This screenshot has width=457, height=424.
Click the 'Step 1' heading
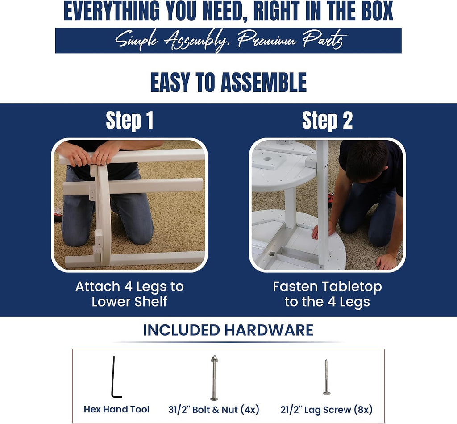tap(129, 121)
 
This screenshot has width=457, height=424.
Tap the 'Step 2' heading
tap(327, 121)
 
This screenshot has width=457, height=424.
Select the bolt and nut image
tap(214, 378)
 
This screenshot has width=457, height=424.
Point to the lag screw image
tap(326, 377)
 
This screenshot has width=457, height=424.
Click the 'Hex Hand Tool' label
tap(116, 409)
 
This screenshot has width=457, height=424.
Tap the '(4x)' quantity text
tap(250, 410)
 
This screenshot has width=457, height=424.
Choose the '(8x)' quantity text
tap(363, 410)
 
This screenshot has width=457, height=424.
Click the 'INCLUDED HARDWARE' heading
tap(228, 330)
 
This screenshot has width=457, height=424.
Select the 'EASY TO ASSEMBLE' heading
tap(228, 83)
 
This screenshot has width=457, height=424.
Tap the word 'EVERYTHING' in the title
tap(112, 11)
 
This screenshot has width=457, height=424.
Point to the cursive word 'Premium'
tap(267, 40)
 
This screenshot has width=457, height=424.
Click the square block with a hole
tap(269, 160)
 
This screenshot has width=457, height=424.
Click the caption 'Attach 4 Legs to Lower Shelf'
tap(129, 294)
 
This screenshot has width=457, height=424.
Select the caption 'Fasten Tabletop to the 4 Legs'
tap(327, 294)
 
